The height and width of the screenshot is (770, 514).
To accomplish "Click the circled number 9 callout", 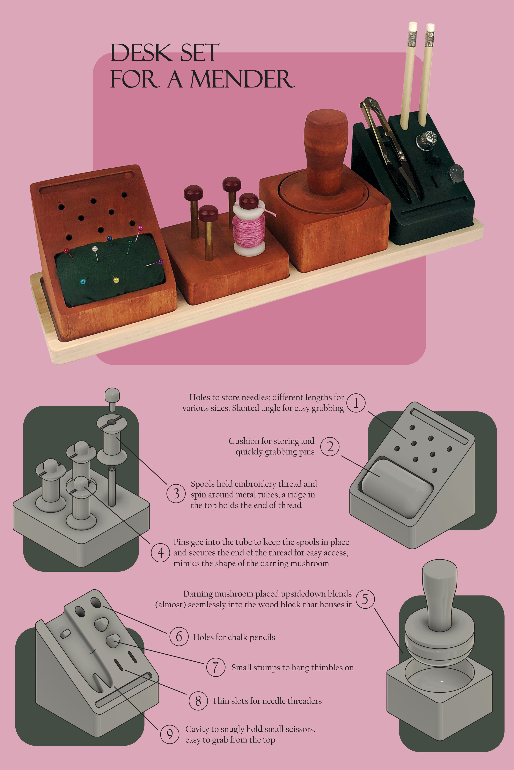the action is (169, 734).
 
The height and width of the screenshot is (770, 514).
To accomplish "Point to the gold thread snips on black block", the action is (388, 147).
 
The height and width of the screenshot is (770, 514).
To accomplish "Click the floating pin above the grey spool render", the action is (112, 399).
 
